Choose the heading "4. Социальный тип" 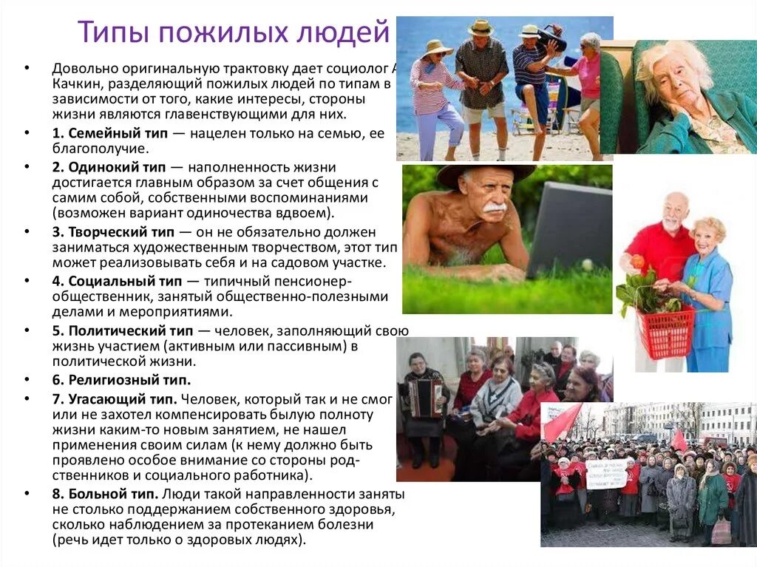(x=119, y=281)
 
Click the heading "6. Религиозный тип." (x=121, y=380)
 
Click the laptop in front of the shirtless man (x=569, y=229)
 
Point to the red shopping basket (x=665, y=332)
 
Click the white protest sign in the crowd (x=605, y=473)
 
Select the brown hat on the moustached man (x=484, y=173)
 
